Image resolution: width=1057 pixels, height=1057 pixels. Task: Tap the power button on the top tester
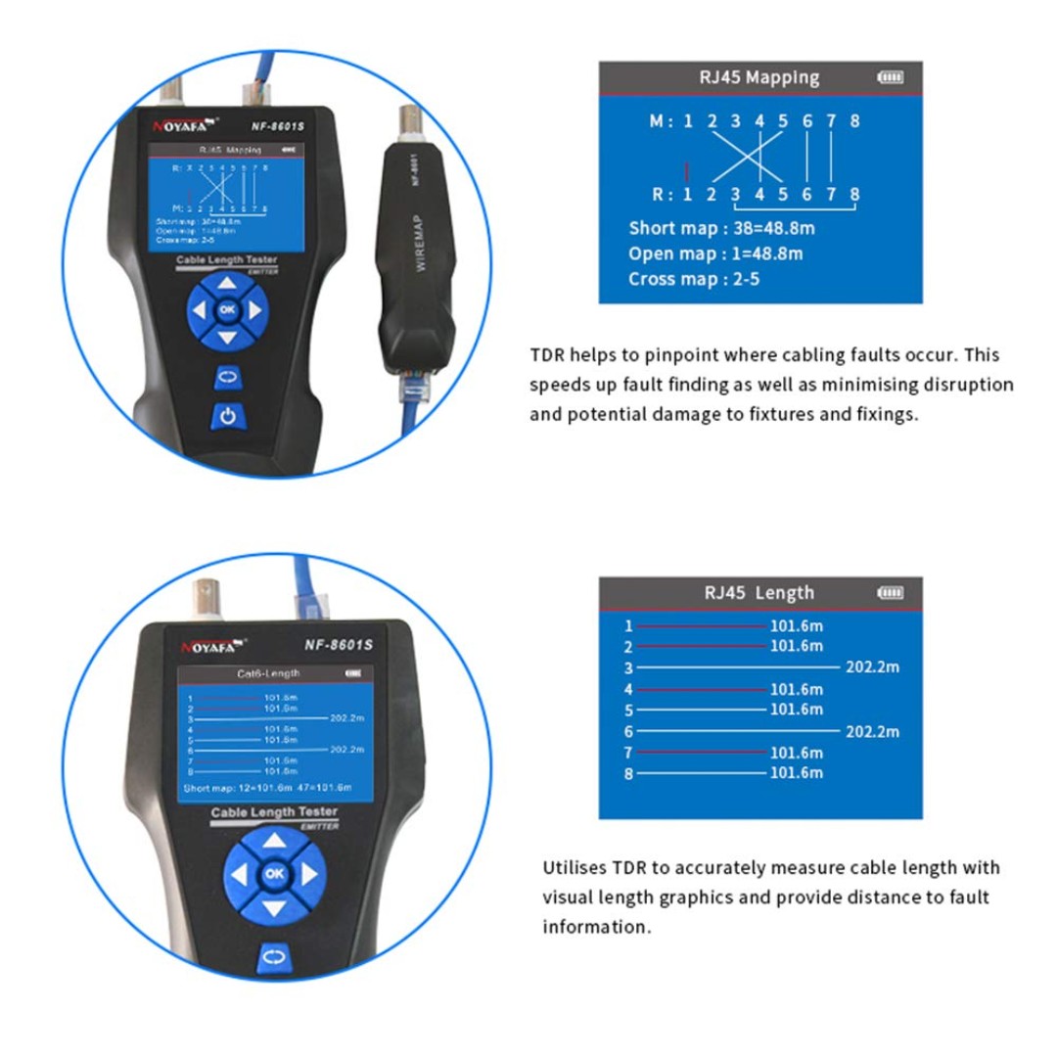point(227,416)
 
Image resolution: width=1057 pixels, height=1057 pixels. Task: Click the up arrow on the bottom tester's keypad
point(274,841)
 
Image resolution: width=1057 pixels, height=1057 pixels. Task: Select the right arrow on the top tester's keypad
point(254,311)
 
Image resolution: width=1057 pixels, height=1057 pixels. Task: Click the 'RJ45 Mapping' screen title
point(759,77)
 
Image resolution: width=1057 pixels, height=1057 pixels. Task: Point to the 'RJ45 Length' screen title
point(758,592)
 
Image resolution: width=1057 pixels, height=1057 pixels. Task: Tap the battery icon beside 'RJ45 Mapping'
point(891,77)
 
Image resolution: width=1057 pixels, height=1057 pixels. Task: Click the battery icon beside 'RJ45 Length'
point(891,592)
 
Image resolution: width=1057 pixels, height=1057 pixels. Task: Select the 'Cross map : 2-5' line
point(694,279)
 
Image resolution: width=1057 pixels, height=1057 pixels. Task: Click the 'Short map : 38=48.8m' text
point(721,229)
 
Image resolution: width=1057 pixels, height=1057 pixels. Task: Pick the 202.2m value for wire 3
point(873,667)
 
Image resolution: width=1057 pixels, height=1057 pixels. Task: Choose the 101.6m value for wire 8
point(797,773)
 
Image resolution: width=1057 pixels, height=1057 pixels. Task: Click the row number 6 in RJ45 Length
point(629,731)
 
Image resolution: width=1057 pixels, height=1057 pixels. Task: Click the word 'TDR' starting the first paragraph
point(547,355)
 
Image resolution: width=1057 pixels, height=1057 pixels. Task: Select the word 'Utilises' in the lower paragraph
point(574,868)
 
